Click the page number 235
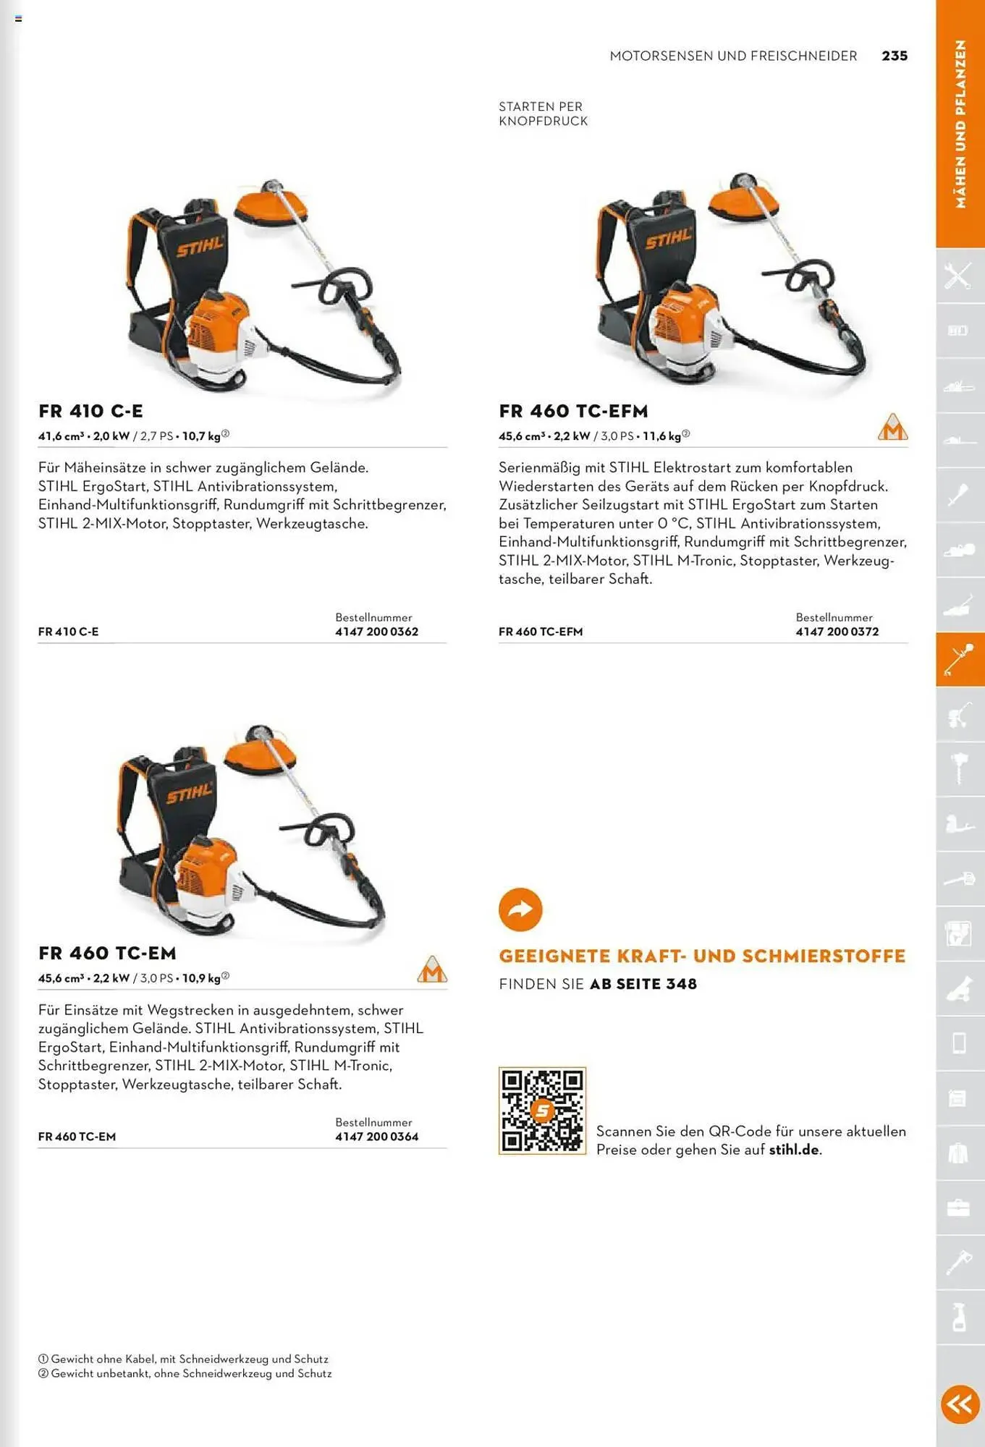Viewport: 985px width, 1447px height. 894,56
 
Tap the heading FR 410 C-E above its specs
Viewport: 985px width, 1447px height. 90,411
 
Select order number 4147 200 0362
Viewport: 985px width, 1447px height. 376,632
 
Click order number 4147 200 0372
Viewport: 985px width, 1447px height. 837,632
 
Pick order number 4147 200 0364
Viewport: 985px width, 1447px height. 376,1137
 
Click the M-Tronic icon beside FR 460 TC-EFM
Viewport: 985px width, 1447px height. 892,428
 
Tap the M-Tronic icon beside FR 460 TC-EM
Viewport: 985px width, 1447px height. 432,969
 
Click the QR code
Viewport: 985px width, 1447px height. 542,1110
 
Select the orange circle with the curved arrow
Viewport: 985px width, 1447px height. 520,909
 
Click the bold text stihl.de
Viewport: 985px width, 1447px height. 794,1150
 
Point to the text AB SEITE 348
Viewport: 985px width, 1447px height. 643,984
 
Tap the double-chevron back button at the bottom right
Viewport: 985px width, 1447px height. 960,1404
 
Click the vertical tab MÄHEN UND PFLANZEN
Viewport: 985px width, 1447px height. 960,124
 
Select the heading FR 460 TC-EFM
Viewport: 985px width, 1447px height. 573,411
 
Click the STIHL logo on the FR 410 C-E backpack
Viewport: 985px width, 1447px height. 200,247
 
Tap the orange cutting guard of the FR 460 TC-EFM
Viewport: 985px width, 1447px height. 743,200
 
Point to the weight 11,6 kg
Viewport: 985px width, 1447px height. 661,436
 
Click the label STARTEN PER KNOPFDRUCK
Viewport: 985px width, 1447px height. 543,114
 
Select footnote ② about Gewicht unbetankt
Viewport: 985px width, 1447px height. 185,1373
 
